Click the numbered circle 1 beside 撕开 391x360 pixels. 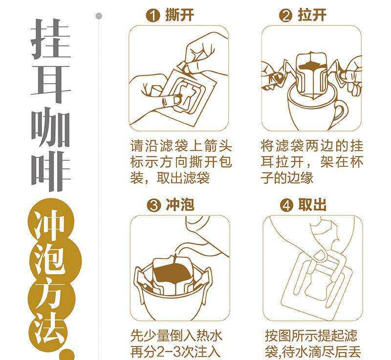152,16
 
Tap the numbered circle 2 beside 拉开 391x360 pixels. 285,16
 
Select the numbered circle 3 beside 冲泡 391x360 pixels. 153,206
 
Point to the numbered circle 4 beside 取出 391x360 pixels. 286,206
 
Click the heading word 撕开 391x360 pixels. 180,15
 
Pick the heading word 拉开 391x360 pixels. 312,15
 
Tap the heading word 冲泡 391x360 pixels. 180,205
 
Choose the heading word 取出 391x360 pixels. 312,205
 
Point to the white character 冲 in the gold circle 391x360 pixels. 51,225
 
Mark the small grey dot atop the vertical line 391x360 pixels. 99,16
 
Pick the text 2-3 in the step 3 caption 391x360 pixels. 168,352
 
